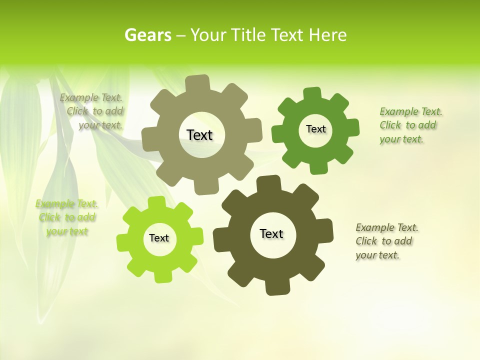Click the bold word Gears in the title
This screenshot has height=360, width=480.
(147, 35)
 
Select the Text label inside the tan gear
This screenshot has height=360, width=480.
(199, 135)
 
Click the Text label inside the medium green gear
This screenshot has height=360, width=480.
(315, 129)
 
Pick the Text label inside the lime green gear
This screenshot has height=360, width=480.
(159, 238)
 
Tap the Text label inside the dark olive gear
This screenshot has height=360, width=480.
(271, 233)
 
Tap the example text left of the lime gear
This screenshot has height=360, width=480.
(66, 217)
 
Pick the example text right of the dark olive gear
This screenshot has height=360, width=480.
(386, 241)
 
